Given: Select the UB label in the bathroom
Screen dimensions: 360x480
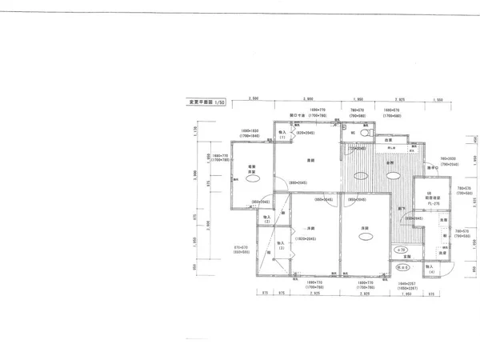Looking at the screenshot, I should point(428,195).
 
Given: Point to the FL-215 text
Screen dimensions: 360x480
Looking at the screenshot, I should point(429,203).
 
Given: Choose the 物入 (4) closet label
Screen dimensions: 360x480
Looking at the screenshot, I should point(430,269).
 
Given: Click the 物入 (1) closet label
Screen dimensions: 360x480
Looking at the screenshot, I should point(282,134).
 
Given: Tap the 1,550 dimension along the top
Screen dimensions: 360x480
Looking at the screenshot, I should point(438,99).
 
